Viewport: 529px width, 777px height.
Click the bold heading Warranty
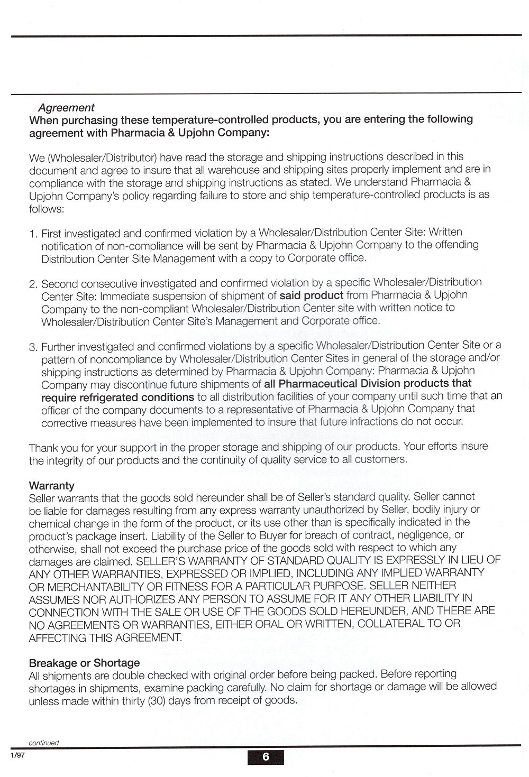(51, 485)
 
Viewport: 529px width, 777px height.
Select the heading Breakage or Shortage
(84, 663)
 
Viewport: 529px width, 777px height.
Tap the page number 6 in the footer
(266, 757)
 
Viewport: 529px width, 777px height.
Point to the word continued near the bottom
(43, 743)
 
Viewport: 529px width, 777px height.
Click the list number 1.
(33, 233)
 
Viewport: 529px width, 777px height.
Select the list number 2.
(33, 284)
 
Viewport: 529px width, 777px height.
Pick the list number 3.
(33, 347)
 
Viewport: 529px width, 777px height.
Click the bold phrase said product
(311, 295)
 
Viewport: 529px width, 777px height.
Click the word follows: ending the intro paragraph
(47, 208)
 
